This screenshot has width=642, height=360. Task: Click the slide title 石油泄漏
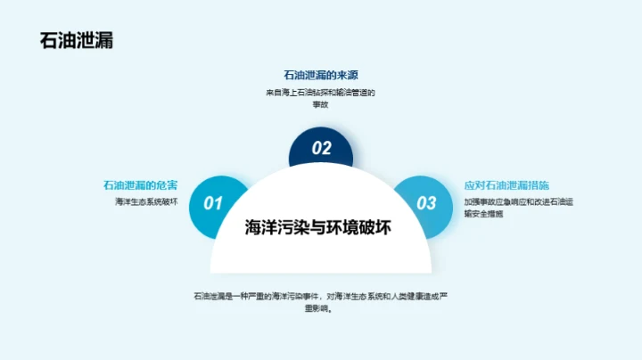[x=77, y=41]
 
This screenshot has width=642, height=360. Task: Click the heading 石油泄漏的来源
[x=320, y=75]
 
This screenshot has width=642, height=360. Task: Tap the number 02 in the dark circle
[x=321, y=149]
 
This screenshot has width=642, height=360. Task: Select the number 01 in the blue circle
[x=213, y=203]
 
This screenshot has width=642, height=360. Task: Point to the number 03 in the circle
[x=427, y=203]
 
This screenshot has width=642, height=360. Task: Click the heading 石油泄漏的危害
[x=140, y=185]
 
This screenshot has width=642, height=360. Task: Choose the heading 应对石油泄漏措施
[x=506, y=185]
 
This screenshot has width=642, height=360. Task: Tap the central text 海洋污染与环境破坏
[x=320, y=227]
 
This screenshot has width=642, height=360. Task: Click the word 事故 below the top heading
[x=320, y=104]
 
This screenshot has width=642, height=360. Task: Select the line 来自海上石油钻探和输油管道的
[x=320, y=92]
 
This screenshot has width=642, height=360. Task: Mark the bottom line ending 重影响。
[x=320, y=309]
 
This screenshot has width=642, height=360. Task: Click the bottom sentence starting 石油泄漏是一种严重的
[x=320, y=296]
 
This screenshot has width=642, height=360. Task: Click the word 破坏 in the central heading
[x=377, y=227]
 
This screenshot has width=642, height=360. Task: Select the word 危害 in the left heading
[x=166, y=185]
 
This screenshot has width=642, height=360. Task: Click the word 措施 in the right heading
[x=535, y=185]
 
